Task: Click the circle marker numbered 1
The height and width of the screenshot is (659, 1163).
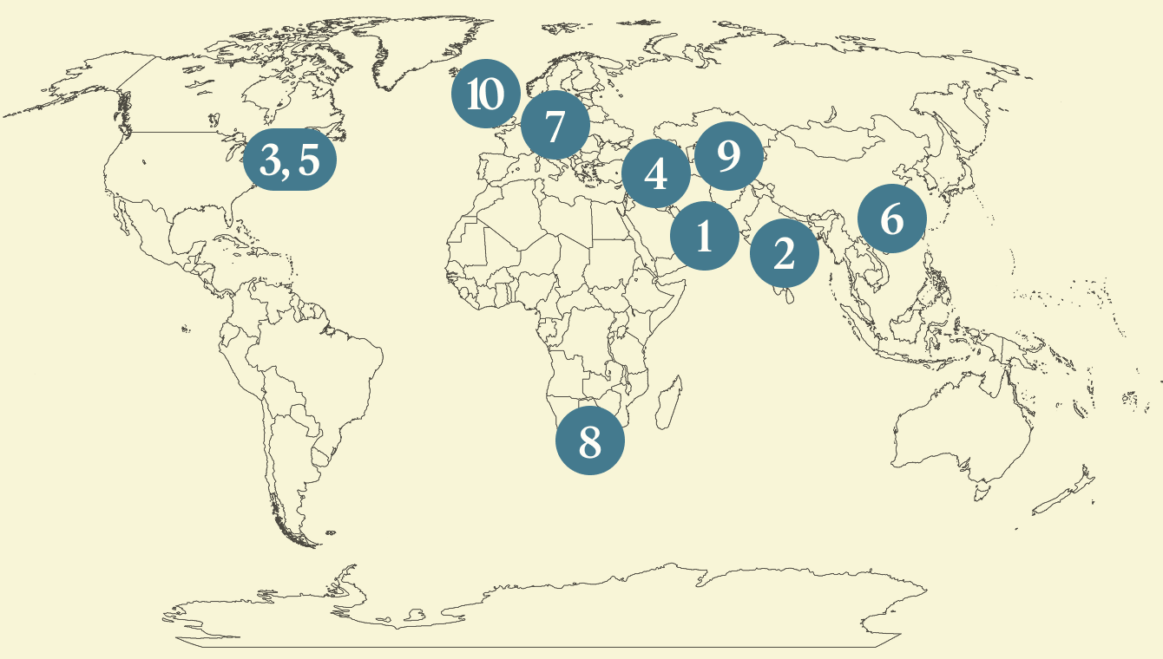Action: [704, 235]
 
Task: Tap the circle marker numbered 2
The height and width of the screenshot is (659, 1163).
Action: [784, 254]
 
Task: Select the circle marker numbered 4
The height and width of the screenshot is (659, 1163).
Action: [656, 174]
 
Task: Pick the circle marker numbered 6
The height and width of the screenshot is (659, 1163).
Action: [892, 219]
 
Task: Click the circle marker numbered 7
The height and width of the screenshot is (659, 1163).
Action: [555, 126]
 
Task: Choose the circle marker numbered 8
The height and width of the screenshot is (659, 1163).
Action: [590, 441]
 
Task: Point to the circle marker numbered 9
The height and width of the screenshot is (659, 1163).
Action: [729, 156]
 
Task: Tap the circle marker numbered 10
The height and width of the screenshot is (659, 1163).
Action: [485, 94]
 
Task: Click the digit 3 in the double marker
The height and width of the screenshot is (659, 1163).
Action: [273, 160]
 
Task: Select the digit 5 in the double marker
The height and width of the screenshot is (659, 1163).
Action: [308, 160]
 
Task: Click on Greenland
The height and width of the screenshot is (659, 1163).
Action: [408, 52]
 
